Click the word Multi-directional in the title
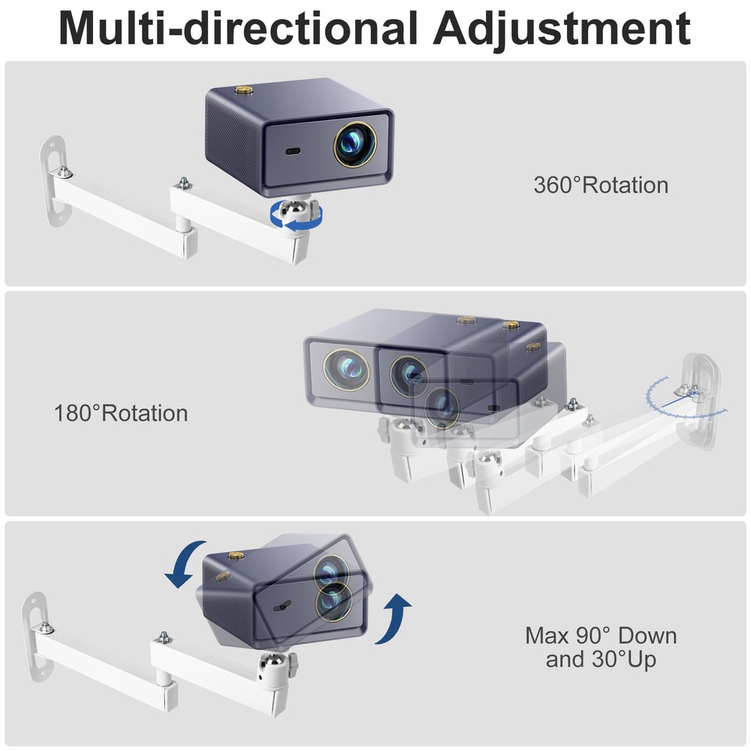pyautogui.click(x=237, y=29)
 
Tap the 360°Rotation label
pyautogui.click(x=601, y=185)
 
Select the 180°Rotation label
pyautogui.click(x=121, y=413)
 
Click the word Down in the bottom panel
pyautogui.click(x=644, y=636)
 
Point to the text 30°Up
pyautogui.click(x=601, y=660)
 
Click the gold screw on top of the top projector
pyautogui.click(x=244, y=91)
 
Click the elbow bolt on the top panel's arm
pyautogui.click(x=182, y=182)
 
